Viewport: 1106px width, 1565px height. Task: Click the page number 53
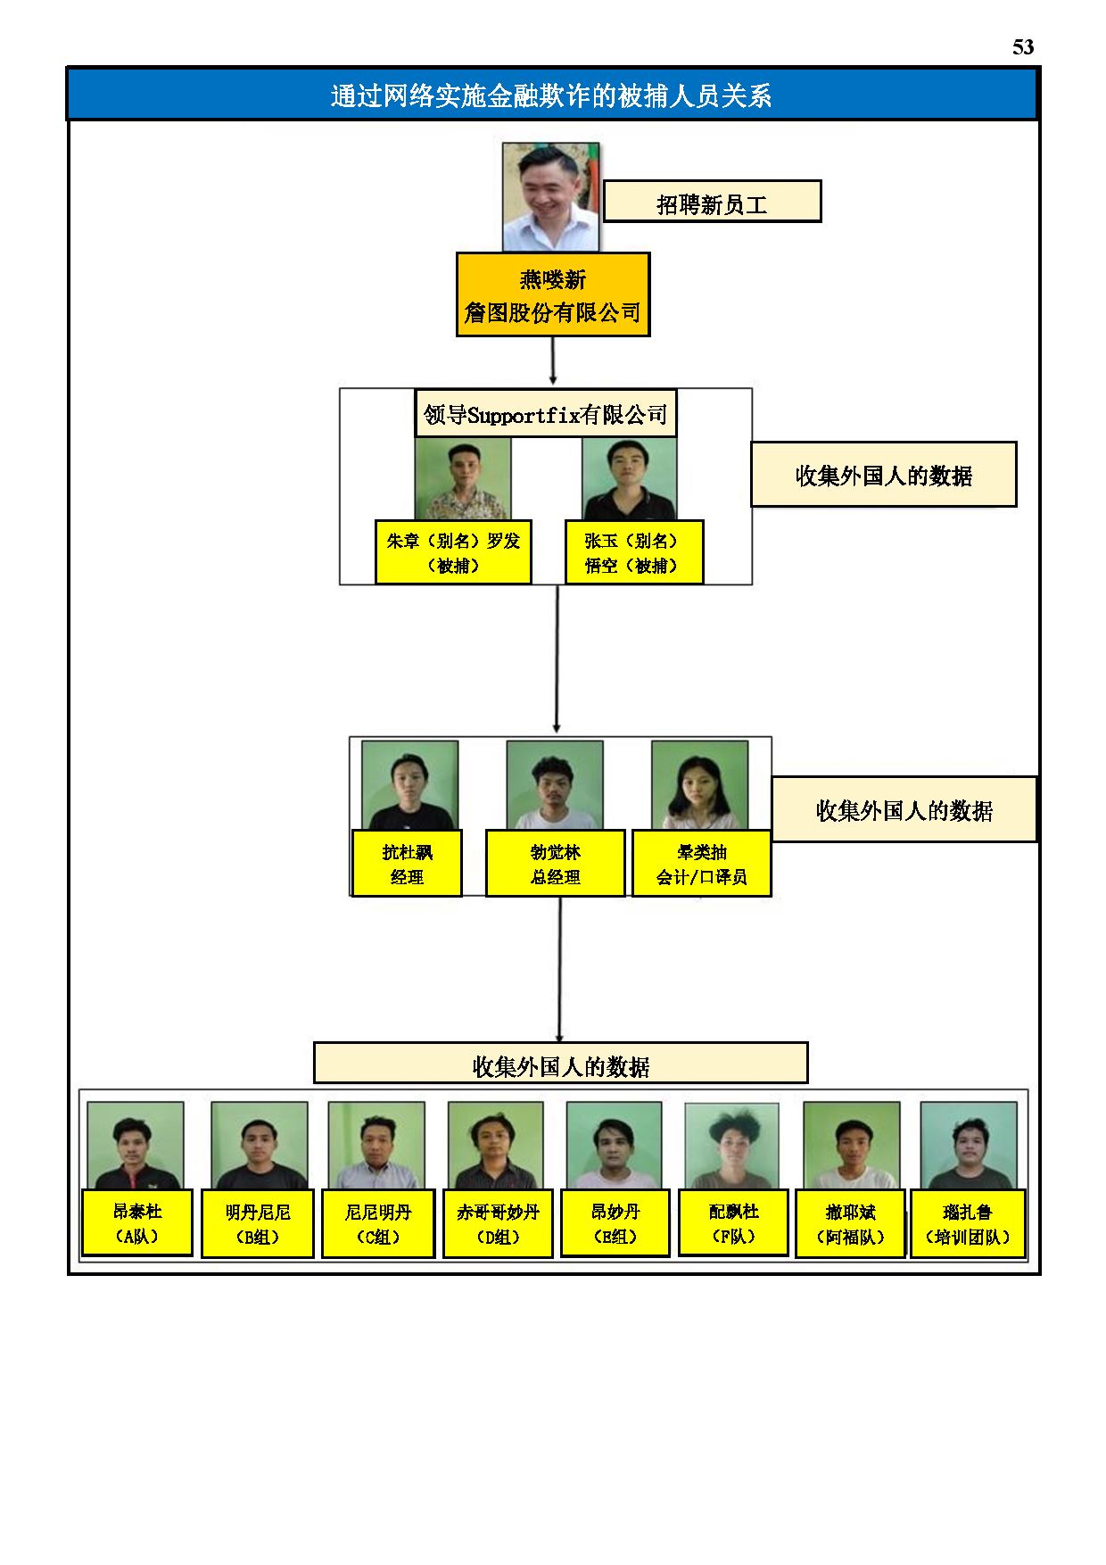(1022, 47)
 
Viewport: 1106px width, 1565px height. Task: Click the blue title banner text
(551, 95)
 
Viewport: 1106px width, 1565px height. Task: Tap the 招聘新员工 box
(712, 202)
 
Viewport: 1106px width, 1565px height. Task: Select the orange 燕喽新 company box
(553, 294)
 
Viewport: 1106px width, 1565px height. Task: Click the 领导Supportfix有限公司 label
(546, 414)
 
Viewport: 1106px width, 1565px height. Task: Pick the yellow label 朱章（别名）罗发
(453, 552)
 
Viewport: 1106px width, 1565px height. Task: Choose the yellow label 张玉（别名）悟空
(634, 552)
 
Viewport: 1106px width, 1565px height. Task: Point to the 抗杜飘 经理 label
(407, 864)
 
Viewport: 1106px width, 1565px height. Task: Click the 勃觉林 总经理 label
(555, 864)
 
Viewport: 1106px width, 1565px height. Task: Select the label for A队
(136, 1222)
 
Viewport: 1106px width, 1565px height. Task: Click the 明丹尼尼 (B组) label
(258, 1223)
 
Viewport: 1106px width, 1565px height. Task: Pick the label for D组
(498, 1223)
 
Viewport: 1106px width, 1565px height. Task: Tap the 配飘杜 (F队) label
(733, 1222)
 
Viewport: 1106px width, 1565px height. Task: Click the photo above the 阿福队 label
(851, 1146)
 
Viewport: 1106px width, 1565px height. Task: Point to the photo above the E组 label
(614, 1146)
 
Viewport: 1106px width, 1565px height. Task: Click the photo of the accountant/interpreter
(699, 785)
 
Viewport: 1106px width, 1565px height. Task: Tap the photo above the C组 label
(376, 1146)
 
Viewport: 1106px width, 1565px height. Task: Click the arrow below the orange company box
(553, 360)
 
